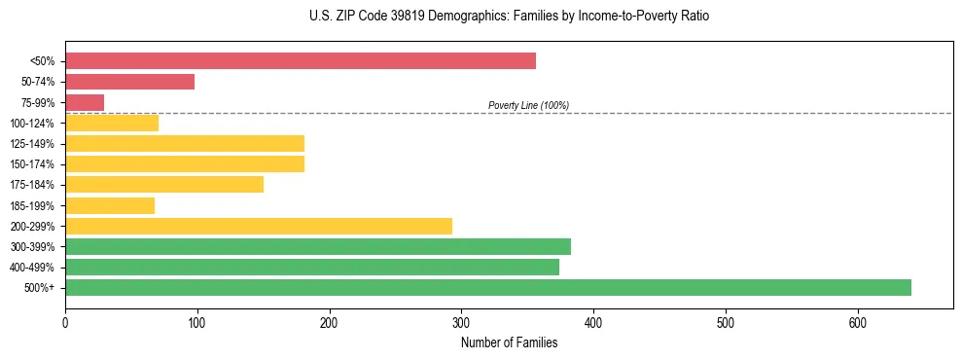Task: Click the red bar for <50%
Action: pos(301,61)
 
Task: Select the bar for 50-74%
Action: pos(129,82)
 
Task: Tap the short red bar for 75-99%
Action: pos(85,102)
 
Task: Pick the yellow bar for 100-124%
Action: pos(112,123)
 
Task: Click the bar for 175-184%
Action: pos(164,185)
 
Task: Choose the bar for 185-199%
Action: pos(110,205)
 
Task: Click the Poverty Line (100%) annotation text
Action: pos(528,105)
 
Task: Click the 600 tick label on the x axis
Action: pos(857,322)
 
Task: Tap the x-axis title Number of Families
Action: pos(509,342)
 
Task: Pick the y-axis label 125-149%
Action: pos(32,144)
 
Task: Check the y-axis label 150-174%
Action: pos(32,164)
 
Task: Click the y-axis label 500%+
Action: pos(41,288)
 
